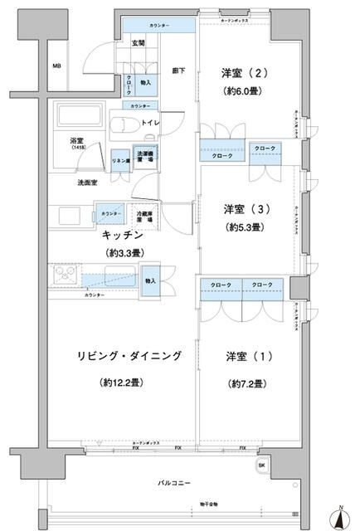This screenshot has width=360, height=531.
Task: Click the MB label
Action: click(57, 66)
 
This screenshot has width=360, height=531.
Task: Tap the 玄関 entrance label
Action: click(138, 43)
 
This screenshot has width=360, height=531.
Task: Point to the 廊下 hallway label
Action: click(178, 71)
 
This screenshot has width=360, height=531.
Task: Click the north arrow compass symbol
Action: click(340, 516)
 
